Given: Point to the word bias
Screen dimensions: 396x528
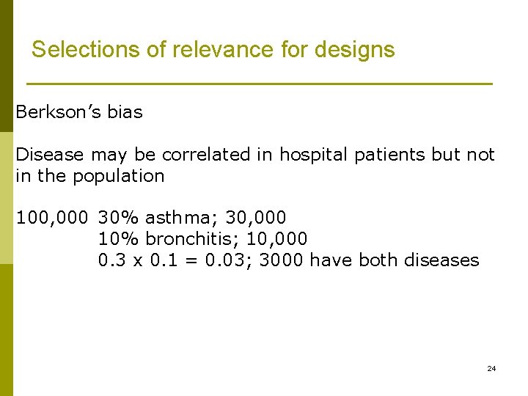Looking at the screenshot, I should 125,112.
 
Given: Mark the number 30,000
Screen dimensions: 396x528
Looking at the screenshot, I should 256,218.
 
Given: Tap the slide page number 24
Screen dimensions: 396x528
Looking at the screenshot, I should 491,368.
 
